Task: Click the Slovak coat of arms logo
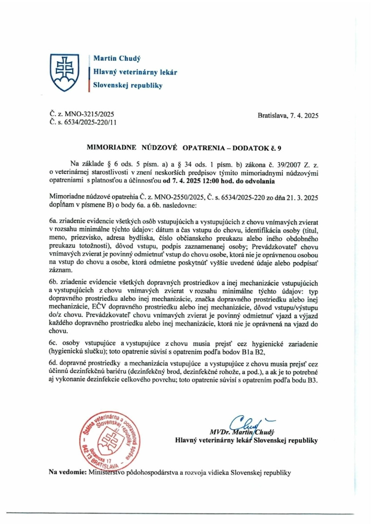point(65,72)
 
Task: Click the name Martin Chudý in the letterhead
point(117,58)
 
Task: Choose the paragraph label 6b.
point(53,283)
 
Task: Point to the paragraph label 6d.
point(53,362)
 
